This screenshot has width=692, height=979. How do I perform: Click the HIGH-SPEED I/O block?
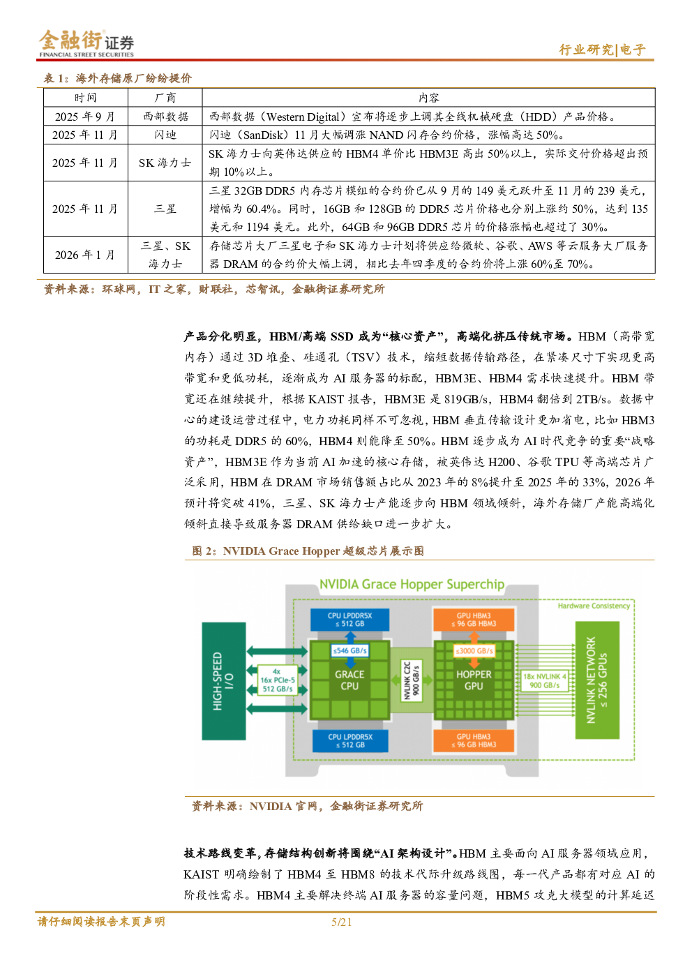click(x=223, y=680)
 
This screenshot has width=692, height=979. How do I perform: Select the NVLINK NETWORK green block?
click(x=596, y=680)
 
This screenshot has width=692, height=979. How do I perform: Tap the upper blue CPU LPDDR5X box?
click(x=350, y=620)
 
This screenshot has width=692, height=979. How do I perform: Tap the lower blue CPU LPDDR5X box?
click(x=350, y=741)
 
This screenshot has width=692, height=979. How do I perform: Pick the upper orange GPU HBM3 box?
click(x=474, y=620)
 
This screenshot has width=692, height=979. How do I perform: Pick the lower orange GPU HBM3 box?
click(x=474, y=741)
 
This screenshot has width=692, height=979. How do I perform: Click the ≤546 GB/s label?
click(x=349, y=650)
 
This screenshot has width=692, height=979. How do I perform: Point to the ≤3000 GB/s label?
click(x=474, y=650)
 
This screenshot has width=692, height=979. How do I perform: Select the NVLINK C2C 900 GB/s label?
click(x=412, y=680)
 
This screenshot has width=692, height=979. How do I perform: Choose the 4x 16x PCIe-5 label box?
click(x=278, y=680)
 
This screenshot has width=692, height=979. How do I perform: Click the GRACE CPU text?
click(x=349, y=680)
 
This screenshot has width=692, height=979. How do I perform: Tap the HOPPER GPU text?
click(x=474, y=680)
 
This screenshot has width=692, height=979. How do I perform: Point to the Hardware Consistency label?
click(x=594, y=606)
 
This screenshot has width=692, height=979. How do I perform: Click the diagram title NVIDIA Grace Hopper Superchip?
click(x=412, y=584)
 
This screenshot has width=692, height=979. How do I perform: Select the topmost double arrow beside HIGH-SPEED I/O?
click(x=276, y=651)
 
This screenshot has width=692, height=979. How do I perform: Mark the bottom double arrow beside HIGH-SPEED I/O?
click(x=276, y=709)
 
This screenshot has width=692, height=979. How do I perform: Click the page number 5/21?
click(x=342, y=922)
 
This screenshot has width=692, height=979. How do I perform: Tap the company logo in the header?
click(x=86, y=43)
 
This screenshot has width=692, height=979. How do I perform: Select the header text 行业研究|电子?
click(x=602, y=50)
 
